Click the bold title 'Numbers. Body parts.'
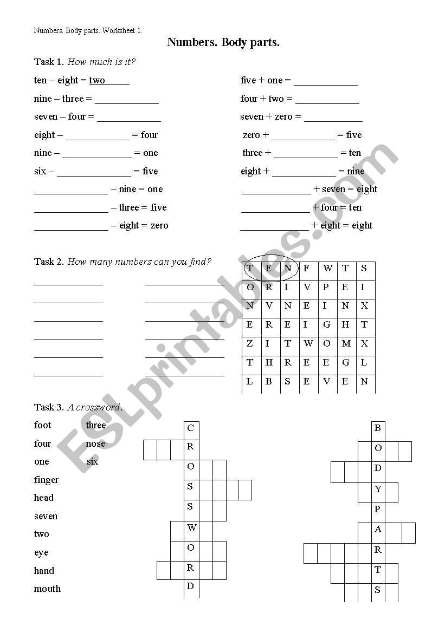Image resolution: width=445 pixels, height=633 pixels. click(223, 42)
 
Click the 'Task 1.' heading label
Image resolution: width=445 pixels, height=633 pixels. click(49, 62)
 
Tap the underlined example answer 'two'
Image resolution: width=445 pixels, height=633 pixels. click(98, 80)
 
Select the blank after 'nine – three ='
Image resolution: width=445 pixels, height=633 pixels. click(127, 99)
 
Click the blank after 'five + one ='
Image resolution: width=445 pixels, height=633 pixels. click(325, 81)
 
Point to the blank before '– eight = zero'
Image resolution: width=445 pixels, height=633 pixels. click(71, 226)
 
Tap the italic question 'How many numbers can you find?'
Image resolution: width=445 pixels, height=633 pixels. click(139, 262)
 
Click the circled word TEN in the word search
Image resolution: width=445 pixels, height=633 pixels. click(269, 269)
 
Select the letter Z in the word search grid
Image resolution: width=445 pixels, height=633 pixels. click(250, 343)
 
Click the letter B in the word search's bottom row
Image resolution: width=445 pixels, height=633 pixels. click(269, 381)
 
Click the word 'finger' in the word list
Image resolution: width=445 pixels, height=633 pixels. click(46, 480)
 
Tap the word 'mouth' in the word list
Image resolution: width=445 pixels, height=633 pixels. click(47, 589)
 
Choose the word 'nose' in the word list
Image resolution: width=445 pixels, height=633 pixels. click(96, 443)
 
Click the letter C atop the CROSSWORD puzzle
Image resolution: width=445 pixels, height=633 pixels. click(190, 428)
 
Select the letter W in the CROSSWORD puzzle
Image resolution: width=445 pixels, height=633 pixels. click(192, 527)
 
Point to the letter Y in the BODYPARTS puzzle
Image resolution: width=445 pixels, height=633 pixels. click(378, 490)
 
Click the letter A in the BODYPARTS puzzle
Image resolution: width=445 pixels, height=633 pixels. click(378, 530)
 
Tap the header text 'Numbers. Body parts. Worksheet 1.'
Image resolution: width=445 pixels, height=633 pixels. click(88, 30)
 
